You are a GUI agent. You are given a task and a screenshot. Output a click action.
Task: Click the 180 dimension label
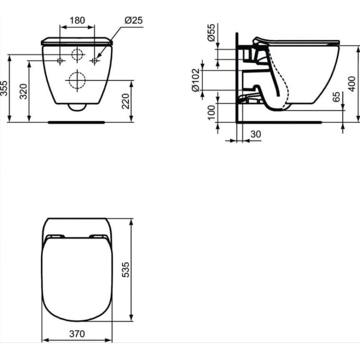pos(77,20)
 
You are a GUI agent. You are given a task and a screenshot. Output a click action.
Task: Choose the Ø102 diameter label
pos(195,81)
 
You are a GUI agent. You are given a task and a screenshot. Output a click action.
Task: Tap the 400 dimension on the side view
pos(352,83)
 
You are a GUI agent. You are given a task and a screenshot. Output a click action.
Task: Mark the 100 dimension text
pos(211,112)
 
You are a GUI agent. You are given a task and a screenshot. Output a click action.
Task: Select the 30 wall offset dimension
pos(256,134)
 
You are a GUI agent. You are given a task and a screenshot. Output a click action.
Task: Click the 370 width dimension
pos(77,334)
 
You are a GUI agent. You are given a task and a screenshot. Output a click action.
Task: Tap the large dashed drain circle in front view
pos(77,81)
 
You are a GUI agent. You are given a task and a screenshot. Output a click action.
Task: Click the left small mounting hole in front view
pos(60,60)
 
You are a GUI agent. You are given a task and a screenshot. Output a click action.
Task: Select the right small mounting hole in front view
pos(94,60)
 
